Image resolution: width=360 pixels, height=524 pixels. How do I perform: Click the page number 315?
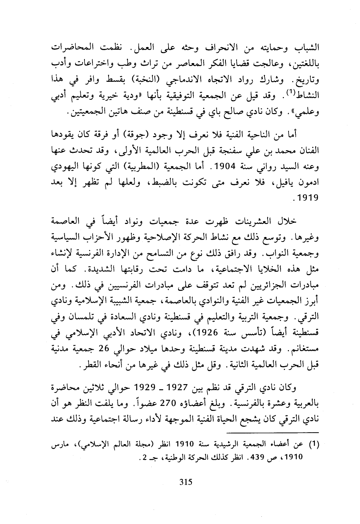[x=185, y=482]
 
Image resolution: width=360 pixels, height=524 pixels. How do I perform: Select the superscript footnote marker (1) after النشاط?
[x=291, y=92]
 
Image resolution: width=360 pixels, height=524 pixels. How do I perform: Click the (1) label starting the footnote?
[x=314, y=444]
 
